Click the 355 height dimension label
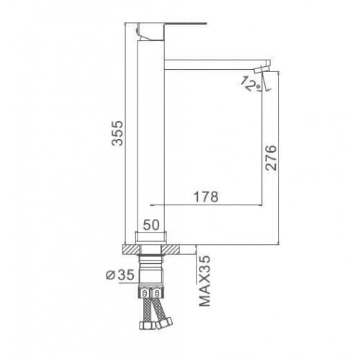point(117,133)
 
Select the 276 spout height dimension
point(271,158)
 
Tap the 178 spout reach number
point(206,197)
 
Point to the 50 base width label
point(151,225)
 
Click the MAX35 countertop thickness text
point(204,281)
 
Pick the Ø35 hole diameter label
point(120,275)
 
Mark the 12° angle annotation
point(251,84)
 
